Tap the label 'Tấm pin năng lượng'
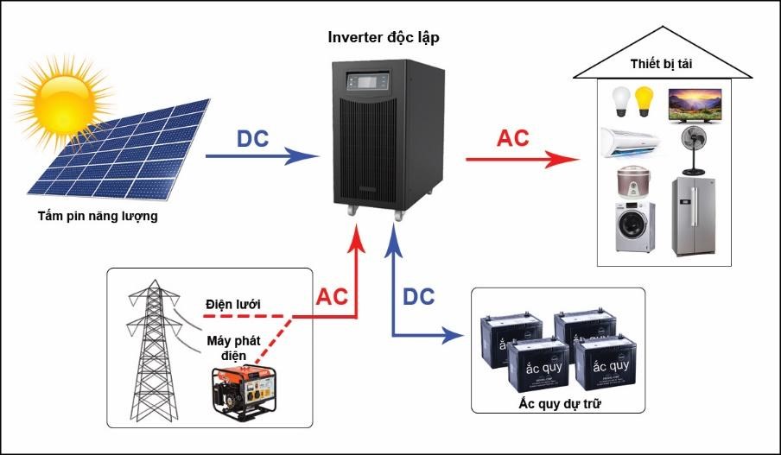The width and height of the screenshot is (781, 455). click(98, 216)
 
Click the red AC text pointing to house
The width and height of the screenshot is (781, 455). click(512, 138)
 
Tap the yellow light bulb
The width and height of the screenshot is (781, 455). click(644, 100)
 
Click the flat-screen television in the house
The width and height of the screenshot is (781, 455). click(696, 104)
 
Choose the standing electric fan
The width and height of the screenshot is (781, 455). click(694, 151)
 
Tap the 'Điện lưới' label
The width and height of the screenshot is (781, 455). click(232, 304)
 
